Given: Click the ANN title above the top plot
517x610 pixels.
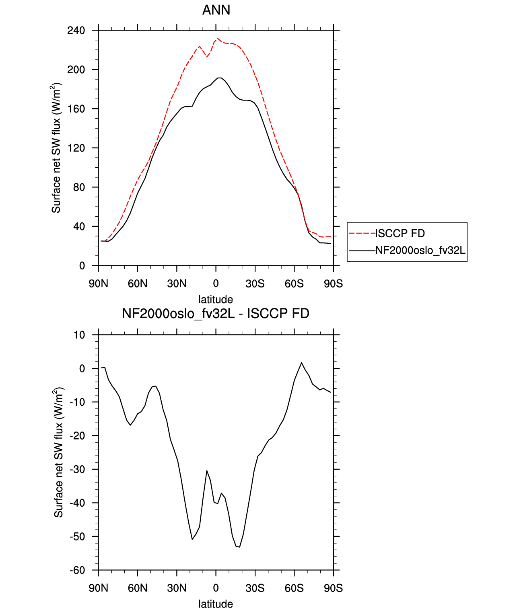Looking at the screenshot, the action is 216,10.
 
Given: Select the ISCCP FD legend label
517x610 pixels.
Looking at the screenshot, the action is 400,234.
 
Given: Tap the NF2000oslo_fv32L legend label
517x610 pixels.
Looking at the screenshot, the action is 420,250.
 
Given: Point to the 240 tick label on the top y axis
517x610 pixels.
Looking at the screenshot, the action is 76,31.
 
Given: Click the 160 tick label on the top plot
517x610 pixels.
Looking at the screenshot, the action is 76,109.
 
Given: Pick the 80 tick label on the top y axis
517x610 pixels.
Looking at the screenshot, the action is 79,187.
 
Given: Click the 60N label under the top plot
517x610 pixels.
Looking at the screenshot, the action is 138,283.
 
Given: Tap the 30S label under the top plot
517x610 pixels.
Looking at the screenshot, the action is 255,283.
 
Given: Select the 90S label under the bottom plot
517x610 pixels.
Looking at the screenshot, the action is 334,588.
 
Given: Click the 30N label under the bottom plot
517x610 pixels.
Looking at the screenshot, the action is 177,588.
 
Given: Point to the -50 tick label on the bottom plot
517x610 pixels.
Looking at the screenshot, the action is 77,536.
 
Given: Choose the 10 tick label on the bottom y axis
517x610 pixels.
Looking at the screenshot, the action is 79,335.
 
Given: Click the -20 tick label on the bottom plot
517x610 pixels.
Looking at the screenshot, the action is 77,435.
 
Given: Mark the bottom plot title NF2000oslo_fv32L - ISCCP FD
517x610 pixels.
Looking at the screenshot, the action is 216,313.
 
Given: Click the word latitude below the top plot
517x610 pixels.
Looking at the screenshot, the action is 216,300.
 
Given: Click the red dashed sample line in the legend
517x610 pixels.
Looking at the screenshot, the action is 362,233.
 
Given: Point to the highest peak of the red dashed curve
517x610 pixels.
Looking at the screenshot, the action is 218,38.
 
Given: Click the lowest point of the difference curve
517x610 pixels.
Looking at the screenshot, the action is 239,547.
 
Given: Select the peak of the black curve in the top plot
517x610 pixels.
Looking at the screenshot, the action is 220,78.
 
